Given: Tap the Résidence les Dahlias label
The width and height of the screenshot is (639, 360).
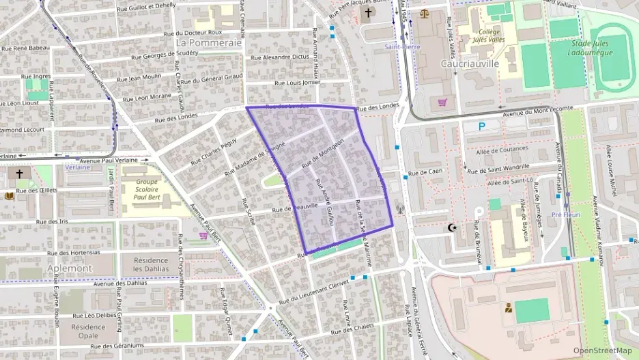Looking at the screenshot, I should point(151,264).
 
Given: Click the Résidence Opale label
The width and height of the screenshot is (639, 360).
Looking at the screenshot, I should point(89,331).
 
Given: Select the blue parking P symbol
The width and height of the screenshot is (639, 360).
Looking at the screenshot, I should point(482,126).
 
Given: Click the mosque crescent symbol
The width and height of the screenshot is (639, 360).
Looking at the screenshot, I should point(451,227).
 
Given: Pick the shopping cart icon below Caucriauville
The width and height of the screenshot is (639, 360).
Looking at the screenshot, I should point(442,103).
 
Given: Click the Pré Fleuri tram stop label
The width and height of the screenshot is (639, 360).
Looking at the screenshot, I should point(565,214).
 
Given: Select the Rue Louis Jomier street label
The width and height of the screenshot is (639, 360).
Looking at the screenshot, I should point(297,83).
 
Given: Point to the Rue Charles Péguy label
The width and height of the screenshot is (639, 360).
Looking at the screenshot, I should point(213,151).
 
